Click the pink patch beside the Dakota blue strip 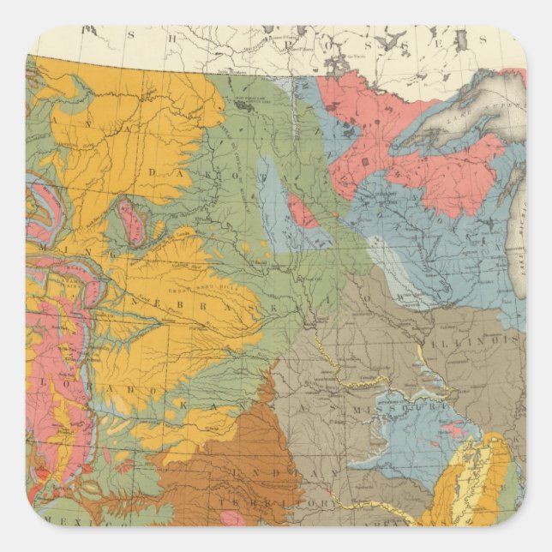(299, 210)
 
